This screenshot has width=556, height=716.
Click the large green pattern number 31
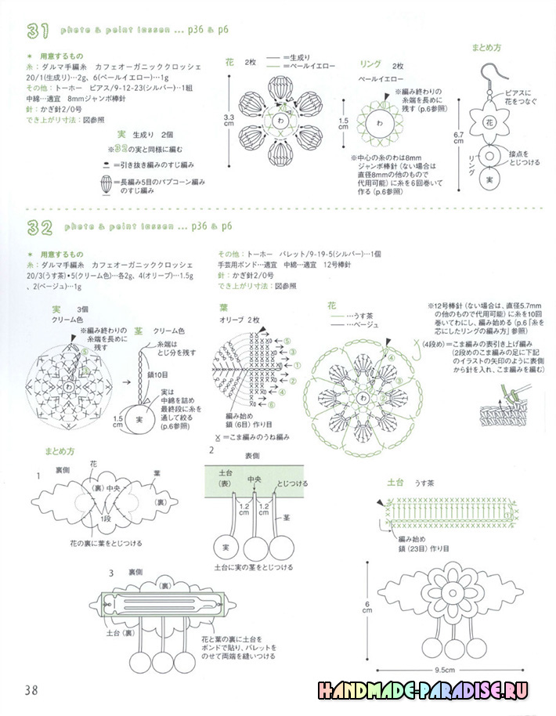[38, 31]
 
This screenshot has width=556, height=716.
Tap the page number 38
[31, 690]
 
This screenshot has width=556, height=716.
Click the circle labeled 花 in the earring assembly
[489, 123]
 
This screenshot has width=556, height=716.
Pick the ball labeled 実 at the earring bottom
[490, 180]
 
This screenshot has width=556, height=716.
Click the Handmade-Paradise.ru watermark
[423, 690]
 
